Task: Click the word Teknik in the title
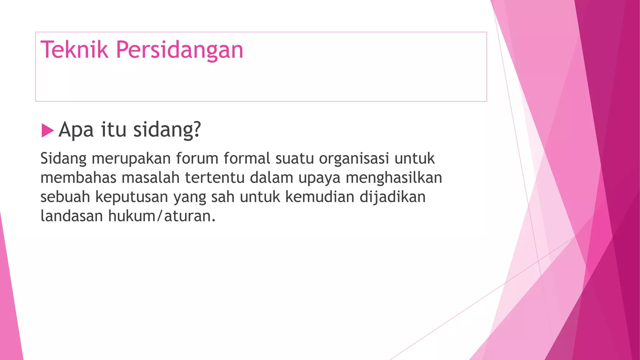[x=74, y=50]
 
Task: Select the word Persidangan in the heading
[x=179, y=50]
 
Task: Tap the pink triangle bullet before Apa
[x=47, y=130]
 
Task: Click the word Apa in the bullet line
[x=76, y=130]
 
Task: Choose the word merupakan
[x=131, y=159]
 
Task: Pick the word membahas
[x=78, y=177]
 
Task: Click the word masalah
[x=151, y=177]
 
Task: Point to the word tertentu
[x=215, y=177]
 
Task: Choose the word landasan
[x=72, y=216]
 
